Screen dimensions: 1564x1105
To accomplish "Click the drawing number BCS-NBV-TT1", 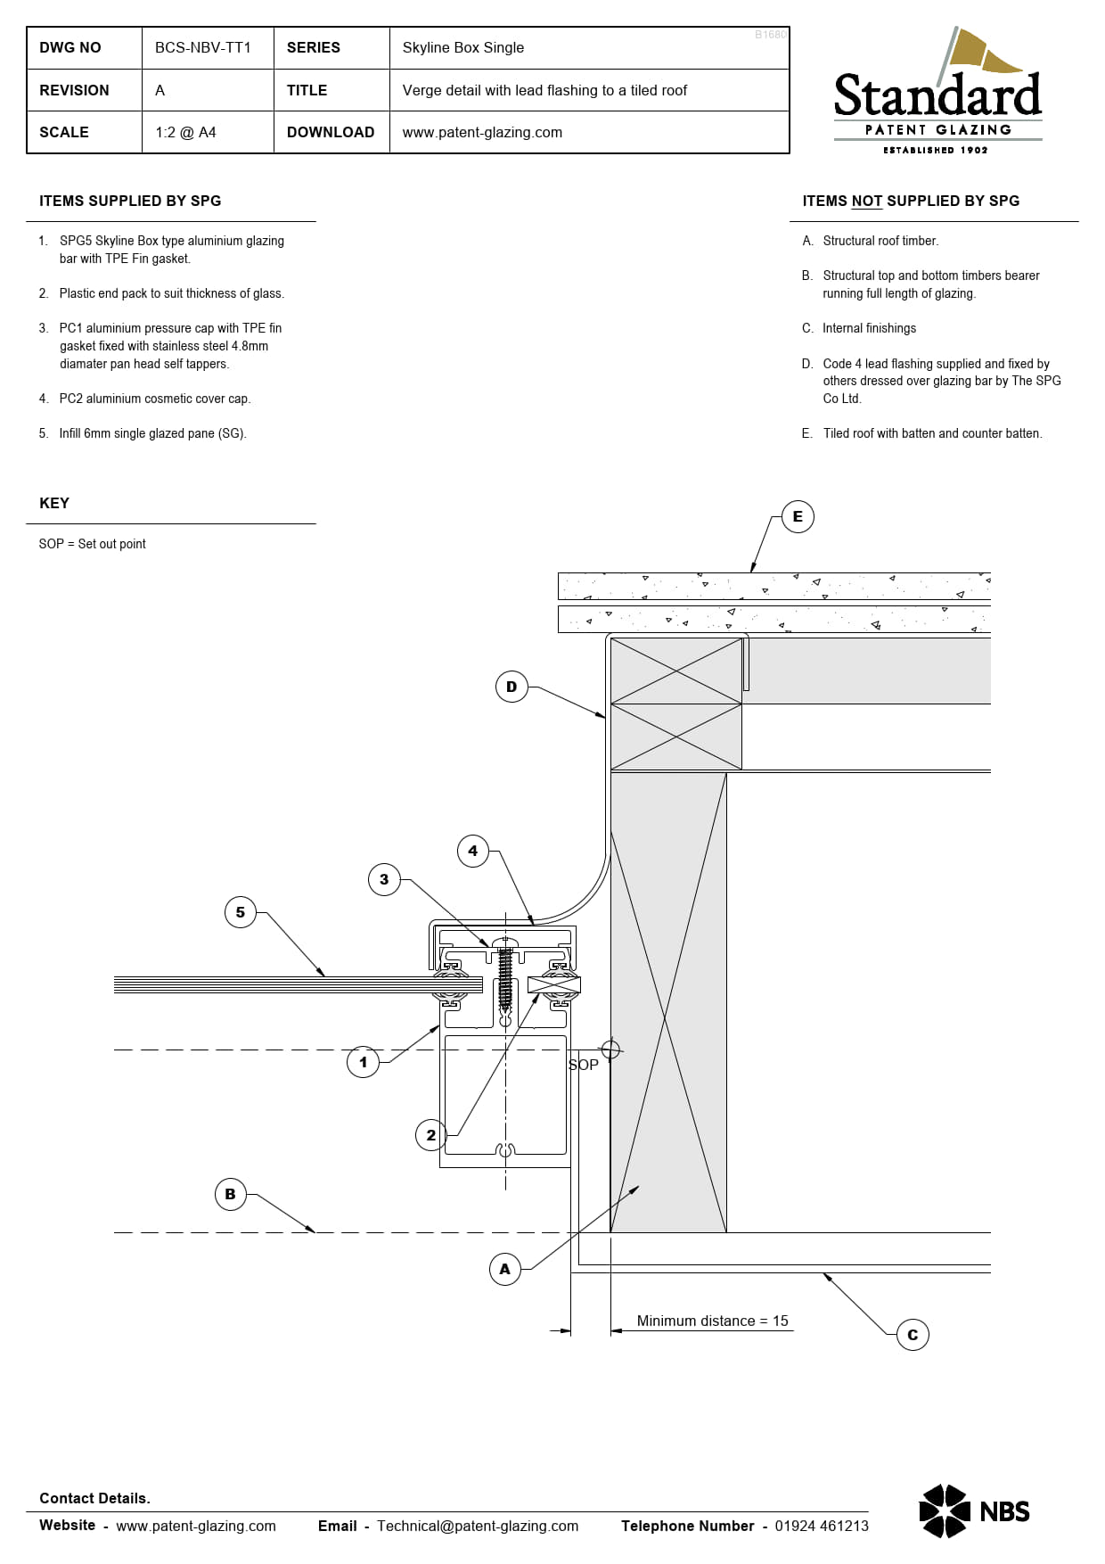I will pos(203,47).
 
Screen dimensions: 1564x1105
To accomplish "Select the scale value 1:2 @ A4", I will pos(185,132).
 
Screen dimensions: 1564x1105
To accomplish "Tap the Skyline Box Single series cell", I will pos(462,47).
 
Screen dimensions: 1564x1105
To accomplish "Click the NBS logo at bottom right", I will pos(974,1511).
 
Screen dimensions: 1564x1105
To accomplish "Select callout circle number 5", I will pos(241,912).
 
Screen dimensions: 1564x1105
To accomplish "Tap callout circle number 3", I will pos(384,879).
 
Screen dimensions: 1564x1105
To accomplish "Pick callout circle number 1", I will pos(363,1062).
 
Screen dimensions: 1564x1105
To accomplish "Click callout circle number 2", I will pos(431,1135).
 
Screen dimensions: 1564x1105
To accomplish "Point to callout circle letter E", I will pos(798,516).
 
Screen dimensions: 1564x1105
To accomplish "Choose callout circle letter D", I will pos(512,687).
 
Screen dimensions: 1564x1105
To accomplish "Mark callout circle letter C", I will pos(913,1335).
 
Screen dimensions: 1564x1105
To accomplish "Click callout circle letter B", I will pos(231,1194).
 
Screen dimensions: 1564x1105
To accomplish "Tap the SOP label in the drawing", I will pos(584,1065).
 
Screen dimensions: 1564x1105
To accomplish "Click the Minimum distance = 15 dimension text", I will pos(712,1321).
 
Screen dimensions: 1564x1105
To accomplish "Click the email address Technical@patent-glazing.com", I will pos(478,1526).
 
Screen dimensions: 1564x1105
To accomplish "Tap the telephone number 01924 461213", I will pos(821,1526).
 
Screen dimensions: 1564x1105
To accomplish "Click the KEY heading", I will pos(54,503).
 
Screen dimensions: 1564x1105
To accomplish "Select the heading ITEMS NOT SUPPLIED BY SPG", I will pos(911,201).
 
